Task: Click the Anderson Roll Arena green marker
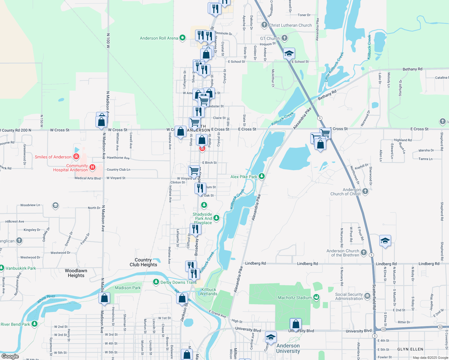tap(182, 38)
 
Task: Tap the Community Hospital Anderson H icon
tap(92, 167)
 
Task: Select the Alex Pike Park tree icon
tap(262, 176)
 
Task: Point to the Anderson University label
tap(288, 348)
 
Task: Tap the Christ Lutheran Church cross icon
tap(264, 25)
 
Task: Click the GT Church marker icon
tap(285, 38)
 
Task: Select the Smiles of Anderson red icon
tap(76, 157)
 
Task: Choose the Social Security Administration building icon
tap(367, 296)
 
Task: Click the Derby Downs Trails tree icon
tap(156, 282)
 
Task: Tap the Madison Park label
tap(128, 288)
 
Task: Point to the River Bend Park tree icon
tap(35, 324)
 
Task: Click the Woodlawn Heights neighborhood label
tap(76, 273)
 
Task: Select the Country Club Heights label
tap(143, 262)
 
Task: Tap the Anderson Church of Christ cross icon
tap(365, 191)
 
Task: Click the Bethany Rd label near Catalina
tap(412, 69)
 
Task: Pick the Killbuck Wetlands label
tap(209, 292)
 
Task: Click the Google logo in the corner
tap(10, 356)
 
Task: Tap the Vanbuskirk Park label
tap(21, 268)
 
